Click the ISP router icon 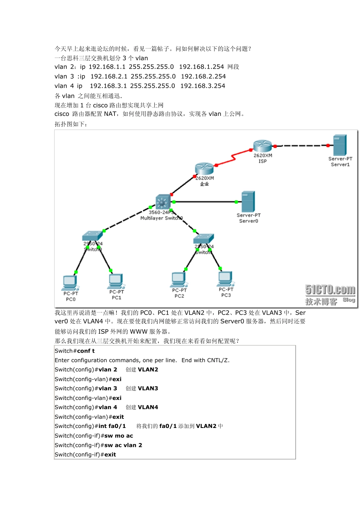coord(263,146)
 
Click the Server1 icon coord(340,145)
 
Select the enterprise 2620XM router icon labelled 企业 coord(204,169)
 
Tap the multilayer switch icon coord(163,202)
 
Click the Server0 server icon coord(248,201)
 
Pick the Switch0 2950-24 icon coord(92,236)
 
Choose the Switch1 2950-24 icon coord(203,239)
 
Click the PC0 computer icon coord(70,283)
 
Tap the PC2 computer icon coord(179,279)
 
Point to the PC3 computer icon coord(225,279)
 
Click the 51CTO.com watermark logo coord(330,290)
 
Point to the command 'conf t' coord(86,351)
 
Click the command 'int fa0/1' coord(112,426)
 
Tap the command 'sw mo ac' coord(119,436)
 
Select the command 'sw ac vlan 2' coord(123,445)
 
